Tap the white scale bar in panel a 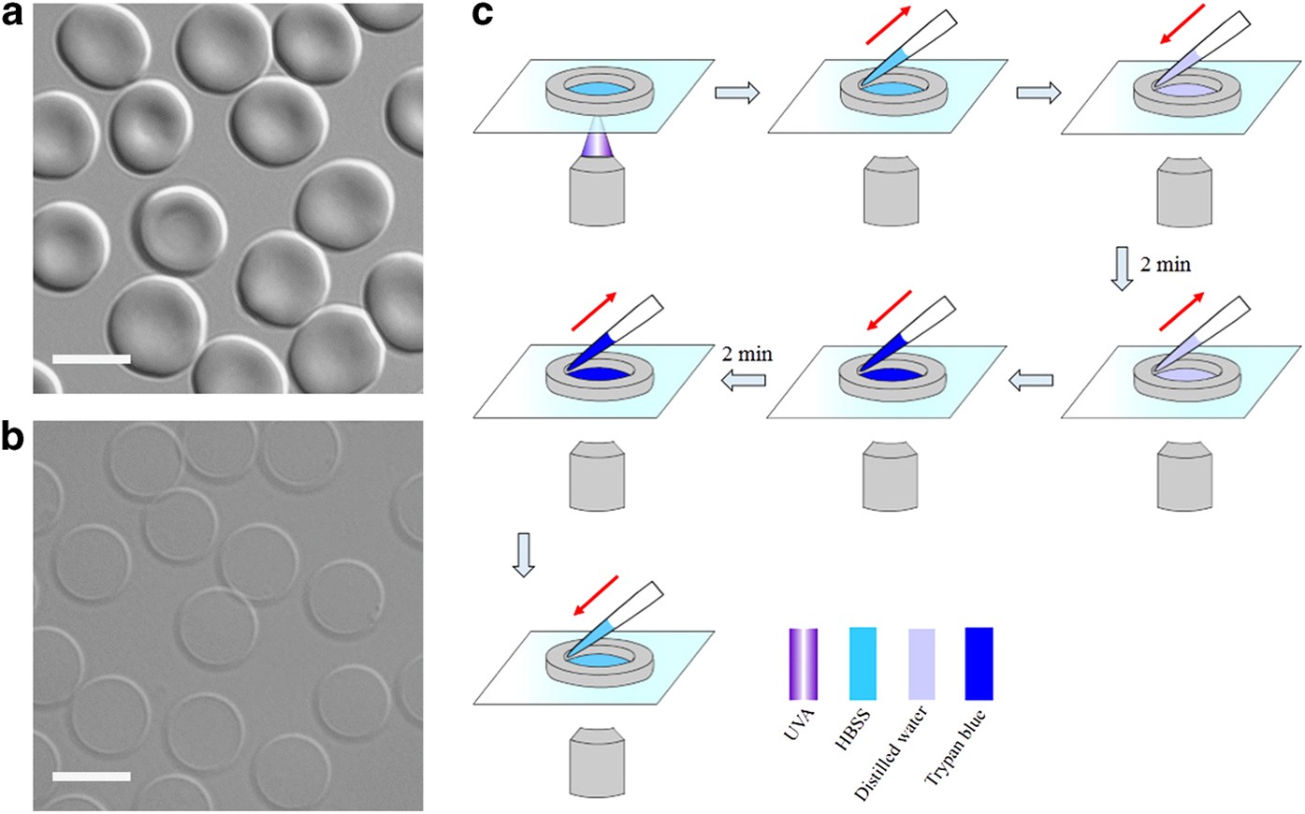tap(91, 358)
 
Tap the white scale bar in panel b tap(91, 776)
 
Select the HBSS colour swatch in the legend tap(863, 663)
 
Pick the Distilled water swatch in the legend tap(921, 663)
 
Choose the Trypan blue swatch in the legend tap(979, 663)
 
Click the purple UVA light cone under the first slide tap(595, 144)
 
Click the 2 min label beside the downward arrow tap(1165, 265)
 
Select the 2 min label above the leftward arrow tap(747, 354)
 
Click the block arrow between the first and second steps tap(735, 92)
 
